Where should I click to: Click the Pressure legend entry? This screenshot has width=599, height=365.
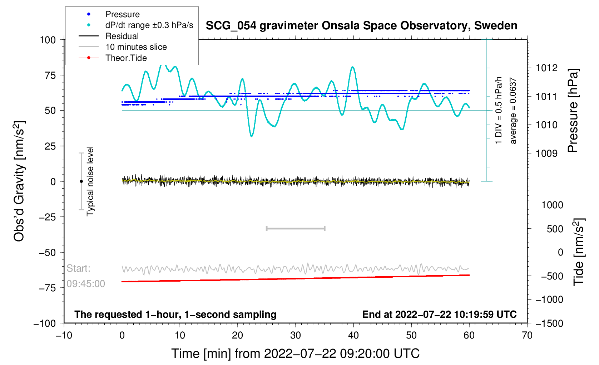click(x=122, y=14)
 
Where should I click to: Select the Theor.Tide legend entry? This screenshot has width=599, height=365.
click(x=126, y=58)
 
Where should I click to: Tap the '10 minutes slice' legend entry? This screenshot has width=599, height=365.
click(x=136, y=47)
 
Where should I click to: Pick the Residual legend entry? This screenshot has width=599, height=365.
click(x=122, y=36)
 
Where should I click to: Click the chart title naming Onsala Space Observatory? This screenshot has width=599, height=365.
click(x=361, y=26)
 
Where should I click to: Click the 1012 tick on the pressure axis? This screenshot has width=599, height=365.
click(x=546, y=68)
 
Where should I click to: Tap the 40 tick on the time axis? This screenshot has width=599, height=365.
click(x=353, y=335)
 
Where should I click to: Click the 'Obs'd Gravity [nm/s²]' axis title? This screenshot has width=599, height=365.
click(x=19, y=181)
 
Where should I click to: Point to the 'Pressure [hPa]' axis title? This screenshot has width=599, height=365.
click(x=573, y=111)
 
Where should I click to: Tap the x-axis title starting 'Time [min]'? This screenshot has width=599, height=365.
click(x=295, y=354)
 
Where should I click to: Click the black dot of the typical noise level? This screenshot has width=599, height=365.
click(x=81, y=181)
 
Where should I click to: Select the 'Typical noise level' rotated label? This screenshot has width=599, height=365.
click(x=90, y=181)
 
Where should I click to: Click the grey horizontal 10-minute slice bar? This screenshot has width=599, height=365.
click(x=296, y=228)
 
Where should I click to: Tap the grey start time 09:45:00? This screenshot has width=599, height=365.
click(x=86, y=284)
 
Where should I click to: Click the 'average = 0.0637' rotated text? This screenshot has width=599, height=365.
click(x=513, y=111)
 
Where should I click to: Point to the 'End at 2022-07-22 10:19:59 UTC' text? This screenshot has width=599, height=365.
click(x=439, y=315)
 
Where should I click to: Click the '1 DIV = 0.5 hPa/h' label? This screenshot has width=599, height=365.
click(x=499, y=110)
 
